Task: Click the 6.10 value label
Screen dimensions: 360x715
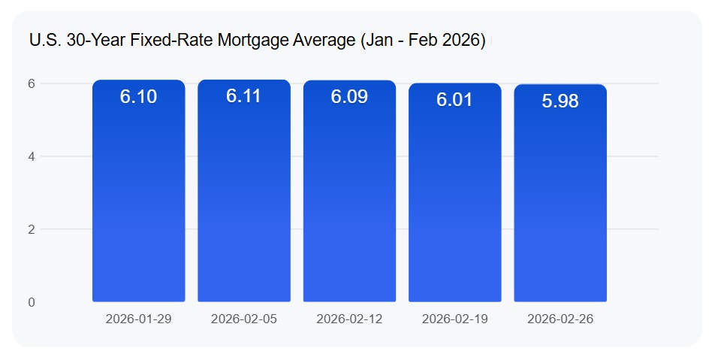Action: (x=139, y=96)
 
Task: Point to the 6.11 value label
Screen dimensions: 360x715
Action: (x=244, y=96)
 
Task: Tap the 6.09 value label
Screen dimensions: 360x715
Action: (x=349, y=96)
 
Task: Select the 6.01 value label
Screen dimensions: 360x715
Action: (x=454, y=99)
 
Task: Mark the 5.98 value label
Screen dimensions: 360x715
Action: (x=560, y=101)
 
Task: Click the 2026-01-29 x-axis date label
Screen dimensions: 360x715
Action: (x=139, y=319)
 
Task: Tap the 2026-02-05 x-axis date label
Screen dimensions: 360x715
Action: (x=244, y=319)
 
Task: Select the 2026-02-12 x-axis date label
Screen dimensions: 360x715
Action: (x=349, y=319)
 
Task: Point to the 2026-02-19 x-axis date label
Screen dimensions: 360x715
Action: (x=454, y=319)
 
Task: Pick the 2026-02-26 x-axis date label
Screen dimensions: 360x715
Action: (x=560, y=319)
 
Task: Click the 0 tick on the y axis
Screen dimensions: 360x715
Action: (x=32, y=302)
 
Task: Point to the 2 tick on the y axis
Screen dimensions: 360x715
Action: (x=32, y=229)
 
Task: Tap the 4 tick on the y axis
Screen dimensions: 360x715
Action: (x=32, y=156)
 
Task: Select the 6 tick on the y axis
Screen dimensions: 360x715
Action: (x=32, y=83)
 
